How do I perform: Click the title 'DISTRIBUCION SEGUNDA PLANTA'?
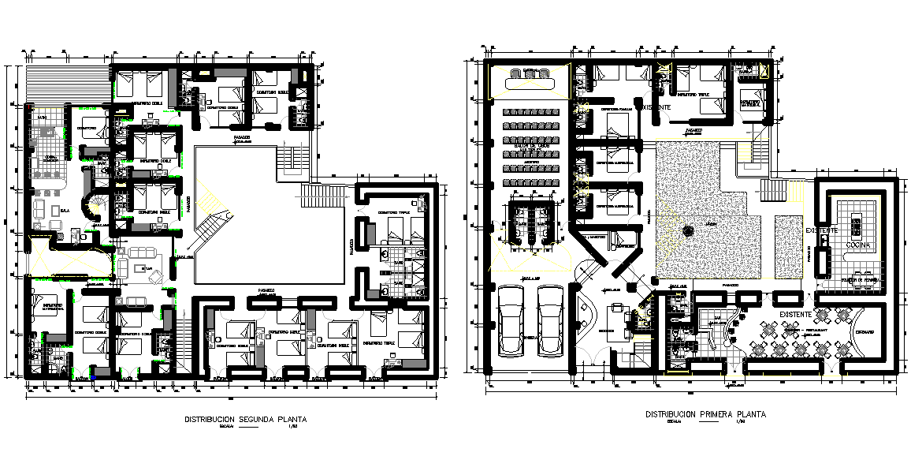click(x=245, y=420)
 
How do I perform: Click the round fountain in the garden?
click(x=688, y=231)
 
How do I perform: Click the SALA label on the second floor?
click(x=64, y=211)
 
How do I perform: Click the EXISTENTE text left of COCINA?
click(x=822, y=230)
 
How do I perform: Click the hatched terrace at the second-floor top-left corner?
click(x=46, y=84)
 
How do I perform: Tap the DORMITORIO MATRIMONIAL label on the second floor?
click(x=53, y=305)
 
